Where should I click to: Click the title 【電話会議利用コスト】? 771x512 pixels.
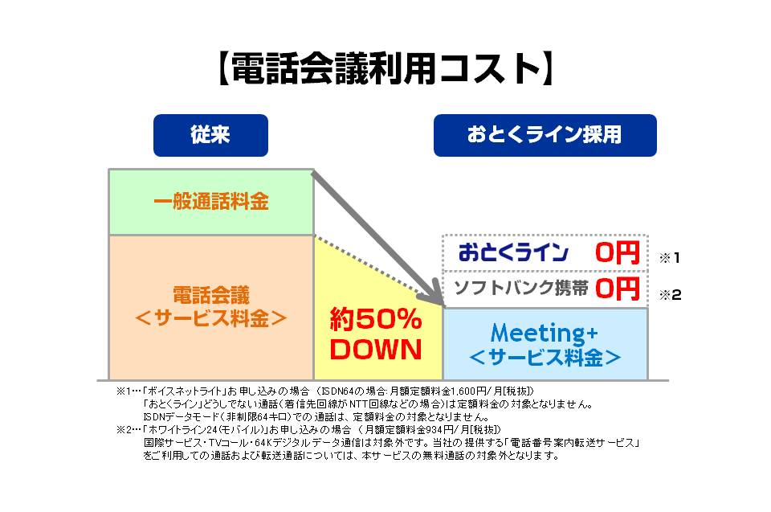385,70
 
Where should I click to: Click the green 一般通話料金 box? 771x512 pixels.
210,202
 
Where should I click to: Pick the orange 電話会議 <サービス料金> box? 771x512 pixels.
210,306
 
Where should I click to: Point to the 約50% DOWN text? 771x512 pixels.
376,335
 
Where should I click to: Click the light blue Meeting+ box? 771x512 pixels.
545,344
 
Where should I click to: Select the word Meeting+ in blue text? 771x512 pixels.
545,332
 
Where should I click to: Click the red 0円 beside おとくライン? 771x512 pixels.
617,253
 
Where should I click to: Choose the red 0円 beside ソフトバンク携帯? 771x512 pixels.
617,289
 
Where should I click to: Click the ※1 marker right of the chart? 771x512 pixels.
670,259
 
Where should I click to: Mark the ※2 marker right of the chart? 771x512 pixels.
670,295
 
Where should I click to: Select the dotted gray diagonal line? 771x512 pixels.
377,268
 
